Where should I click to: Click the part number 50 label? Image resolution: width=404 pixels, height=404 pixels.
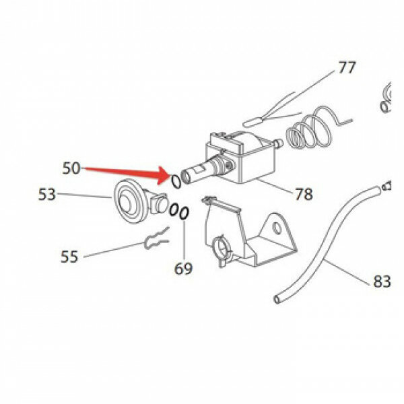coord(71,168)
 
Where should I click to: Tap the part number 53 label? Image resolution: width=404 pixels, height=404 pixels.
coord(47,195)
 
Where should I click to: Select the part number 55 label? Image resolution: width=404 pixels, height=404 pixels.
coord(69,257)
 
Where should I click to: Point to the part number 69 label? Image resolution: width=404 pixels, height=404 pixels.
coord(183,269)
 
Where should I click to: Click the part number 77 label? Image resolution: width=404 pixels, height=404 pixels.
coord(347,67)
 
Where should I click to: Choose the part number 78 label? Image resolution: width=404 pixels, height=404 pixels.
coord(304,194)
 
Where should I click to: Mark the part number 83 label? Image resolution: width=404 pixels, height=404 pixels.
coord(382,281)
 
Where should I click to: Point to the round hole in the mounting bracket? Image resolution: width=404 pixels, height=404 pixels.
coord(277,228)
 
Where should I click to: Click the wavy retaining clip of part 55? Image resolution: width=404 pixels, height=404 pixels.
coord(156,238)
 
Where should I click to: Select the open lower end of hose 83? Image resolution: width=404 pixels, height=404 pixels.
coord(277,300)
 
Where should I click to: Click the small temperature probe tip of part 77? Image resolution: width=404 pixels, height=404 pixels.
coord(252,122)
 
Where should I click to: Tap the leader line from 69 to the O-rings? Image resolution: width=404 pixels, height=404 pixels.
coord(184,239)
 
